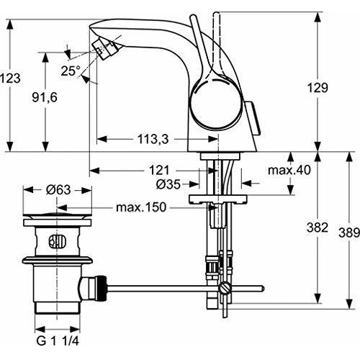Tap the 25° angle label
coord(70,71)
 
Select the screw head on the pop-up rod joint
coord(226,289)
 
